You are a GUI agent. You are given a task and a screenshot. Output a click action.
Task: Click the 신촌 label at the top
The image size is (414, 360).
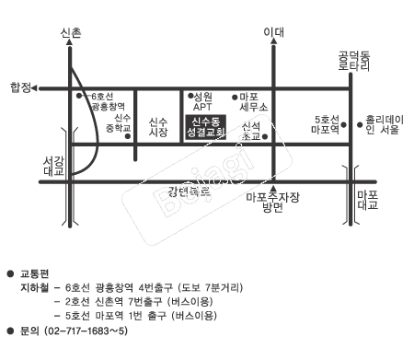70,32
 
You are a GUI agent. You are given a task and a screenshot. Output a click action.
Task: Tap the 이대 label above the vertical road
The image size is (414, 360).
272,32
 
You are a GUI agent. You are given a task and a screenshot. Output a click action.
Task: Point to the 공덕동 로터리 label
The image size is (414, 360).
352,61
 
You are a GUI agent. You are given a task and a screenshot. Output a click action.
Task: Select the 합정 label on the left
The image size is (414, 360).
19,87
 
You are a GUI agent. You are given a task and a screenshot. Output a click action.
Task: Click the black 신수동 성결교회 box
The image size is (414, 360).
208,126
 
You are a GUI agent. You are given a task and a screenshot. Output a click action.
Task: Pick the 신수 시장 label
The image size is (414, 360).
158,126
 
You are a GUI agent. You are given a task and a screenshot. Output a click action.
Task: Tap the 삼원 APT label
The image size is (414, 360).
202,100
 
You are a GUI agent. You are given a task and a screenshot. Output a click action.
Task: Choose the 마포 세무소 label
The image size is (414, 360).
248,100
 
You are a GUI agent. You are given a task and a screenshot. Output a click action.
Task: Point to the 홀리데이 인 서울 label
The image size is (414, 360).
383,123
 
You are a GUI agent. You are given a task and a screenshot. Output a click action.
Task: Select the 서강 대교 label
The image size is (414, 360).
54,166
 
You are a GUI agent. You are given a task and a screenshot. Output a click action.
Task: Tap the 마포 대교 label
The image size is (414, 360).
367,201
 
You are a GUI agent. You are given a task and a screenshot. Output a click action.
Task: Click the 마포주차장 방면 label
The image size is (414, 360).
270,202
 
